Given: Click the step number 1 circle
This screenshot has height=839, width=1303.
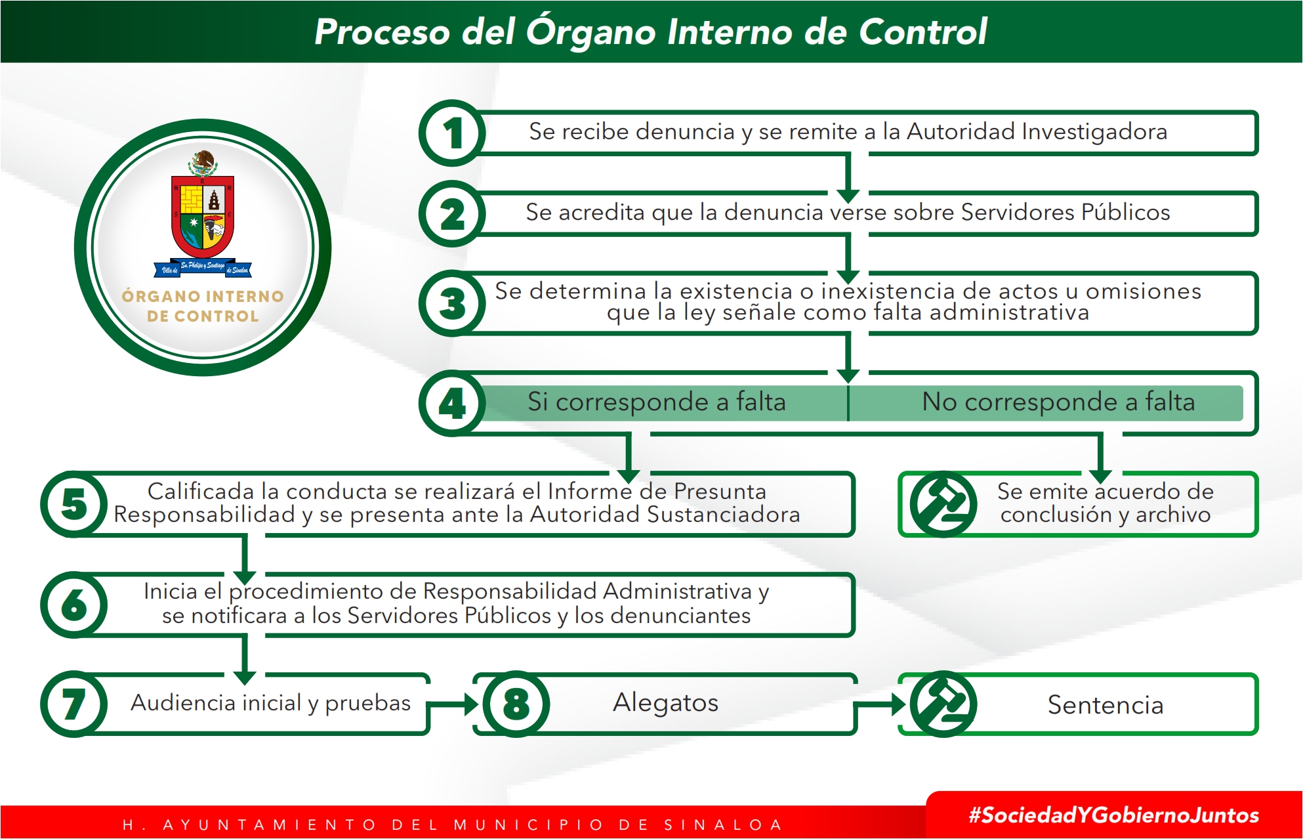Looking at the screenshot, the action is pyautogui.click(x=452, y=133).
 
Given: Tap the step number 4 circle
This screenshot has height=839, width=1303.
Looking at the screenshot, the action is pyautogui.click(x=452, y=403).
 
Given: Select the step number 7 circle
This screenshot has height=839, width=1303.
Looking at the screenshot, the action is pyautogui.click(x=74, y=704).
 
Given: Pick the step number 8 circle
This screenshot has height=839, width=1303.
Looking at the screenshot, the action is pyautogui.click(x=516, y=704).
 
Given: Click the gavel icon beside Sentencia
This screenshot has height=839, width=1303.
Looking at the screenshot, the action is pyautogui.click(x=943, y=704).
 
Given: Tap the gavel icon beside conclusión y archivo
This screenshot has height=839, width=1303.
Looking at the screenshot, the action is pyautogui.click(x=943, y=504).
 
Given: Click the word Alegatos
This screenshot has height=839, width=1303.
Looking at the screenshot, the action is pyautogui.click(x=665, y=702).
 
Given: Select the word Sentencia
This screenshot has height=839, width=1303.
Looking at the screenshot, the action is pyautogui.click(x=1106, y=704).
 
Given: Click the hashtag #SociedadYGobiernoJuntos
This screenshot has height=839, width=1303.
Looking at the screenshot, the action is pyautogui.click(x=1114, y=815).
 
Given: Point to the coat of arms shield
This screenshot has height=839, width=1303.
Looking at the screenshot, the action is pyautogui.click(x=203, y=216).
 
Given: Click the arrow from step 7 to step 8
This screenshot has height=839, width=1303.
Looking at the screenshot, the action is pyautogui.click(x=453, y=704).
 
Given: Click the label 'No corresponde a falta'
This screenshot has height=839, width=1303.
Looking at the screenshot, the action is pyautogui.click(x=1058, y=401).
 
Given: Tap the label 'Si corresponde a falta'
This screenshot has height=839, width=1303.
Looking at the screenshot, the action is pyautogui.click(x=657, y=401).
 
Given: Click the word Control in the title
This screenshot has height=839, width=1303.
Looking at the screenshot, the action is pyautogui.click(x=922, y=31).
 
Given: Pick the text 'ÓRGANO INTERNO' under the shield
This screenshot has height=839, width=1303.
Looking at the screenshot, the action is pyautogui.click(x=203, y=296).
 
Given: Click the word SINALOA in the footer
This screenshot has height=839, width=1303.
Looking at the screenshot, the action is pyautogui.click(x=723, y=825).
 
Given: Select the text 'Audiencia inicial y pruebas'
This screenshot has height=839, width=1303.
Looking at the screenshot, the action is pyautogui.click(x=270, y=702).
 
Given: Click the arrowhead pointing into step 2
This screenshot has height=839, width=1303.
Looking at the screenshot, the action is pyautogui.click(x=848, y=196).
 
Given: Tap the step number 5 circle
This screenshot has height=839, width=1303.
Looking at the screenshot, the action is pyautogui.click(x=74, y=504).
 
